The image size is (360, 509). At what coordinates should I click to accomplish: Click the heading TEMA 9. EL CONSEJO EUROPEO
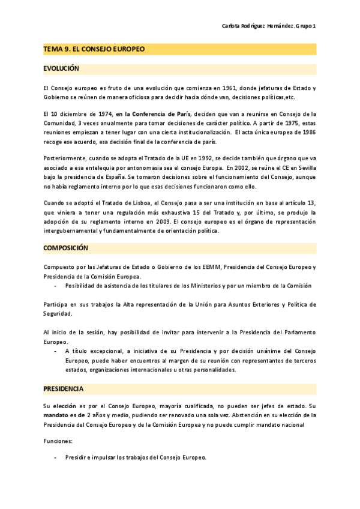point(94,49)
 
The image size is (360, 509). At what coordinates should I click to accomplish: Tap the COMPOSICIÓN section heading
point(65,247)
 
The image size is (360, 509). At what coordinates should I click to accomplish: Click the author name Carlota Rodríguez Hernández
point(258,26)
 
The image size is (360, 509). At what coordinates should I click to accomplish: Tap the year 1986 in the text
point(308,132)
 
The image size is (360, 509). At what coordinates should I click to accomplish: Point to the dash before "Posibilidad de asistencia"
point(56,286)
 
